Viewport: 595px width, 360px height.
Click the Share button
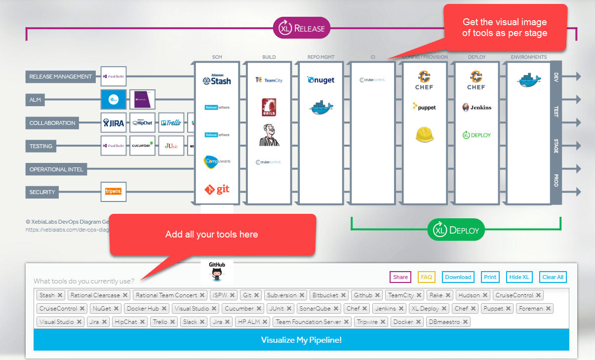pos(400,277)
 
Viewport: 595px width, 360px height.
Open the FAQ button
pos(426,277)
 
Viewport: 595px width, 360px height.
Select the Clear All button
pos(553,277)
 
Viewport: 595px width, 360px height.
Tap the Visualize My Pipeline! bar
pos(301,340)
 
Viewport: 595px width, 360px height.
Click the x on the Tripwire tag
pos(382,322)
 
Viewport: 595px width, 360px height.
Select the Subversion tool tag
pos(281,295)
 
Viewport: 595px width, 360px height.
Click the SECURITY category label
pos(42,192)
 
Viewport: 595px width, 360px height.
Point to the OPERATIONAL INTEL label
pos(56,169)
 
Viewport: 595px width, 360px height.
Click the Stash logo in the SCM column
pos(217,80)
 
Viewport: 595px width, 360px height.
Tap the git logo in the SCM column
pos(217,189)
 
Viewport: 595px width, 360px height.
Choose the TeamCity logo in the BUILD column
pos(269,80)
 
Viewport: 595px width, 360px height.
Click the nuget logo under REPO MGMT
pos(321,80)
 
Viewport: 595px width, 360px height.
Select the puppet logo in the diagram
pos(424,107)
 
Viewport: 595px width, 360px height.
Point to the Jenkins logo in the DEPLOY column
pos(476,107)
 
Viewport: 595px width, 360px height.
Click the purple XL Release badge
pos(302,28)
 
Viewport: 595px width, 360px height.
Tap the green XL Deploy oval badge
pos(456,230)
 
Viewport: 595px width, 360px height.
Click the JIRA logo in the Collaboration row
pos(113,123)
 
